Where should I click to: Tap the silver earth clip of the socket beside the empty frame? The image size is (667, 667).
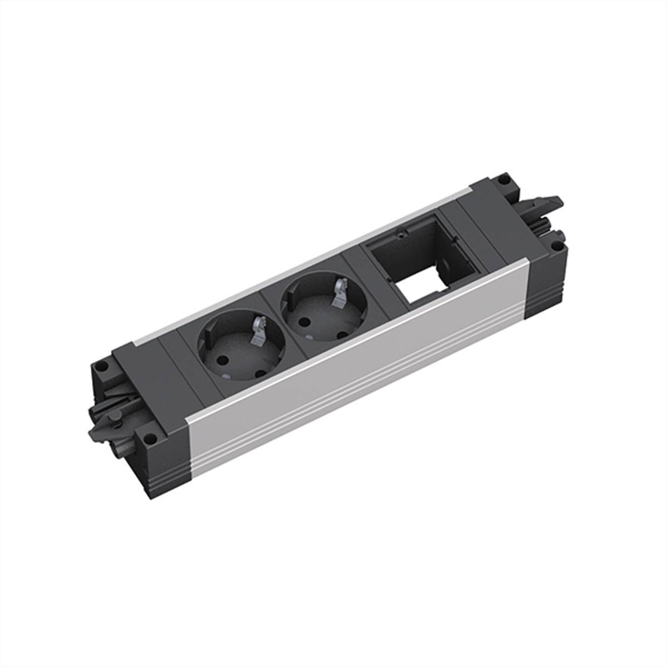tap(338, 291)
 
